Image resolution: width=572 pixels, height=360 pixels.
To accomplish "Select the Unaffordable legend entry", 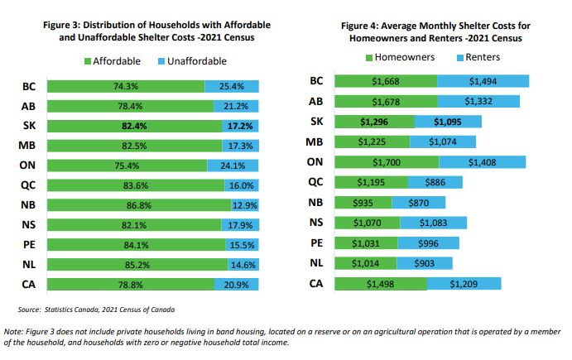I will pyautogui.click(x=190, y=62).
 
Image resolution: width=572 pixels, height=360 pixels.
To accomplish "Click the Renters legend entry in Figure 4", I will pyautogui.click(x=478, y=57).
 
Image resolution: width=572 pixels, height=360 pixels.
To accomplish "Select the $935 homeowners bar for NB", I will pyautogui.click(x=363, y=202).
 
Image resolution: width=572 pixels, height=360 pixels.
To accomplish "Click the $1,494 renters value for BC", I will pyautogui.click(x=483, y=81).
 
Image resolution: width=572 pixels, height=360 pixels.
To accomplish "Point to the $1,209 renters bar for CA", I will pyautogui.click(x=464, y=283).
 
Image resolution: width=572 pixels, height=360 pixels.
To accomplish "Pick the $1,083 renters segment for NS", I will pyautogui.click(x=433, y=223).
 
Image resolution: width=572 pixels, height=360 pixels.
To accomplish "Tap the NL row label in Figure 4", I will pyautogui.click(x=315, y=263).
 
